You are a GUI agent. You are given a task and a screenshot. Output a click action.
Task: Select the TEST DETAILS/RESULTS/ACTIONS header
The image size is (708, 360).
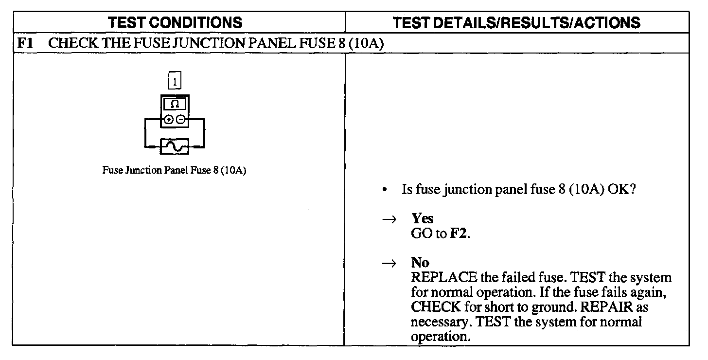(516, 22)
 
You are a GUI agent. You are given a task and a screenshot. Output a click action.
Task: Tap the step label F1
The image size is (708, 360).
(25, 43)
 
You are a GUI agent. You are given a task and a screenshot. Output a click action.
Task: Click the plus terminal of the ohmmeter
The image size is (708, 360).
(168, 119)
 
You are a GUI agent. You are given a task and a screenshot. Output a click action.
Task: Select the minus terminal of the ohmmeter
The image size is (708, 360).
(180, 119)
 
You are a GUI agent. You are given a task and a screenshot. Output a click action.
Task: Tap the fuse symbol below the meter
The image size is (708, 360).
(174, 146)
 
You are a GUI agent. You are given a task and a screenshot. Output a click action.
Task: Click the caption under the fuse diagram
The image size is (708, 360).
(174, 171)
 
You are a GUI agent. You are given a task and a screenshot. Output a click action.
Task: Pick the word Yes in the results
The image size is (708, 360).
(423, 219)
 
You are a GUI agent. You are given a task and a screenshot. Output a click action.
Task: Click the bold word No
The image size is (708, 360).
(420, 263)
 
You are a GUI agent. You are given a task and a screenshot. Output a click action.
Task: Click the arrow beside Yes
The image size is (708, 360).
(389, 219)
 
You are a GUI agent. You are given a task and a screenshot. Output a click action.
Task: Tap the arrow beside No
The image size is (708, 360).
(389, 263)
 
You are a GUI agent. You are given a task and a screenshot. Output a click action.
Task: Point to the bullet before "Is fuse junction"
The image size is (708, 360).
(385, 190)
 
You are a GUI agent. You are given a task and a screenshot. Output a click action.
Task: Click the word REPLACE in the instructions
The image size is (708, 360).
(443, 278)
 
